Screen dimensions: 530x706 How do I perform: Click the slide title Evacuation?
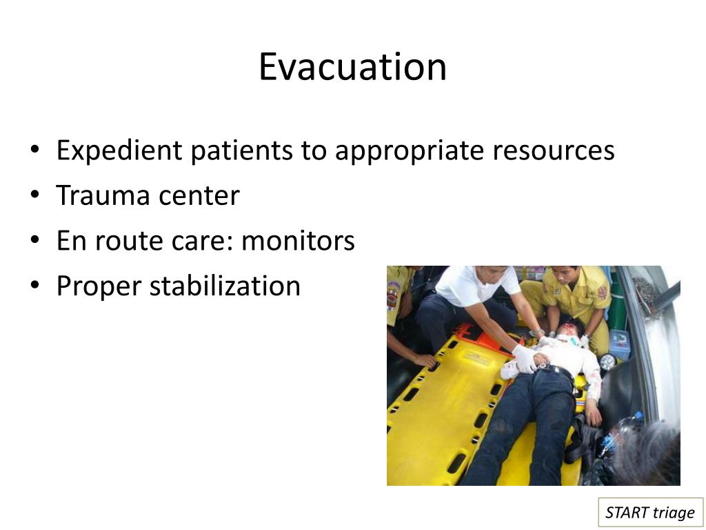click(352, 67)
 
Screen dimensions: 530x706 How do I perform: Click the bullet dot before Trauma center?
click(35, 197)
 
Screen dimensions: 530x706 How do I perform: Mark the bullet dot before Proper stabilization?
click(35, 286)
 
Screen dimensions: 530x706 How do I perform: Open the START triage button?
click(650, 512)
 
